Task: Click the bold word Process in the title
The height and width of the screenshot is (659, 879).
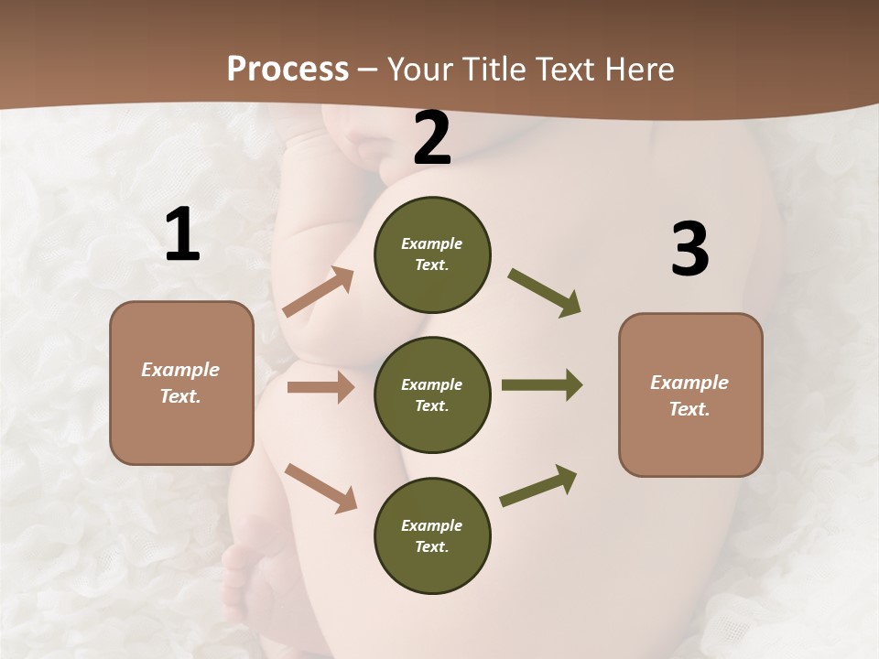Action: tap(288, 70)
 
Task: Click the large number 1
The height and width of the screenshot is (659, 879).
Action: tap(182, 235)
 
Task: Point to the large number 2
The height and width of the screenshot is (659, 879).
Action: tap(432, 139)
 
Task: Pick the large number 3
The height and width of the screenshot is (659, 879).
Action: tap(689, 250)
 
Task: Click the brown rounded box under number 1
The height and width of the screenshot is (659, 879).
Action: tap(181, 383)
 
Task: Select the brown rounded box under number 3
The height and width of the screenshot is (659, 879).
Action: tap(690, 395)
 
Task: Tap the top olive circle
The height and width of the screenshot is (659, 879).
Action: tap(432, 254)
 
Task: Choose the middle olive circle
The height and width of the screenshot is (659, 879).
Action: tap(432, 395)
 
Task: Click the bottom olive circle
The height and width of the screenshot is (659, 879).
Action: tap(432, 536)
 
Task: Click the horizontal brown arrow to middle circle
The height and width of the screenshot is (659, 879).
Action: tap(320, 387)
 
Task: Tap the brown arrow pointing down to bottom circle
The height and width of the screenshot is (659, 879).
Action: tap(320, 488)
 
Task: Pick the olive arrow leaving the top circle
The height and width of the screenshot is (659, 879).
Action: tap(545, 293)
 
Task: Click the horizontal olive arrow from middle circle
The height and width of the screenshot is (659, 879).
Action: tap(542, 385)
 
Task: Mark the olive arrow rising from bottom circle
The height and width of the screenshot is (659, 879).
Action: tap(539, 485)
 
